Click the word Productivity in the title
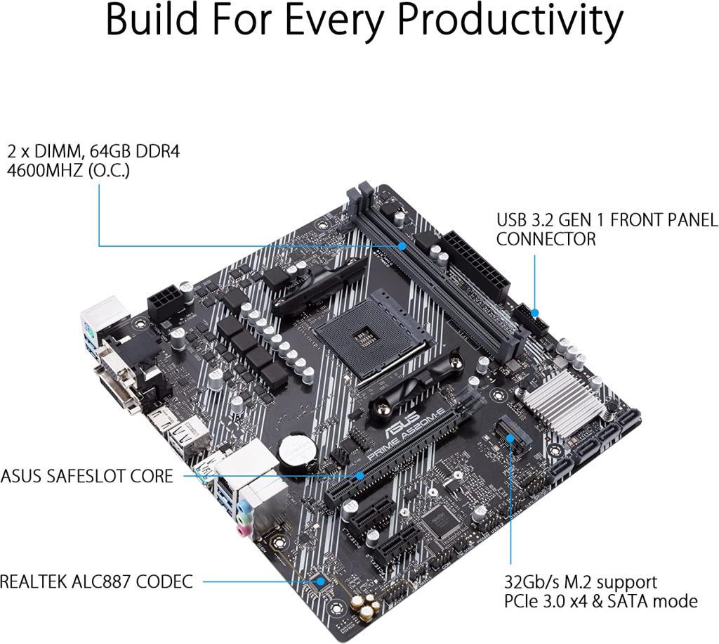pos(511,21)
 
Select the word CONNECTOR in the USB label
pos(546,239)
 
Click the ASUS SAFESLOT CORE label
pos(86,476)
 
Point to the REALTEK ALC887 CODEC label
pos(95,581)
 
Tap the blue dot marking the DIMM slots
pos(402,246)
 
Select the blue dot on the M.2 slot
pos(510,434)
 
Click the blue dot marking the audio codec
pos(320,581)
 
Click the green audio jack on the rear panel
pos(243,508)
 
